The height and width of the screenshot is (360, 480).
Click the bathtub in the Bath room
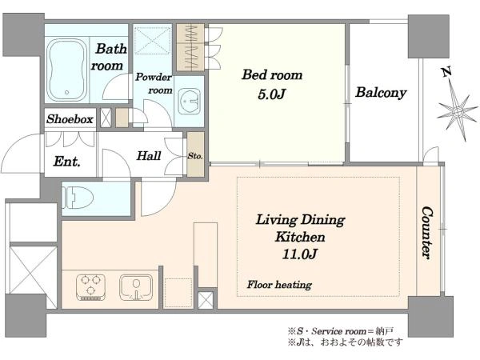[67, 70]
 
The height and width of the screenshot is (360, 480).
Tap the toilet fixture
[78, 198]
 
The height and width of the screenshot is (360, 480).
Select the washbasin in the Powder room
[189, 101]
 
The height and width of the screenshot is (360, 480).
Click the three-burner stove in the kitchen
[90, 287]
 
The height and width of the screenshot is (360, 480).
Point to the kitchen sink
[136, 287]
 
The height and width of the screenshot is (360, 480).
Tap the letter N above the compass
[447, 72]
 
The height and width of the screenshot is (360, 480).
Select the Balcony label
[381, 93]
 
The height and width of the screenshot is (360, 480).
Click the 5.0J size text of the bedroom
[271, 94]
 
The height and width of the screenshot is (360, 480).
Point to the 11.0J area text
[299, 254]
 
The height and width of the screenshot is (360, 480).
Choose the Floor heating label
[279, 285]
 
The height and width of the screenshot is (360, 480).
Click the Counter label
[427, 233]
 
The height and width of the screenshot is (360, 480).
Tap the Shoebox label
[70, 119]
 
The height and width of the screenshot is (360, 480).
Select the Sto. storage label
[195, 156]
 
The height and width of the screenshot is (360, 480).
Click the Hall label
[149, 156]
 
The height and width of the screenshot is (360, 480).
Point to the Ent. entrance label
[67, 162]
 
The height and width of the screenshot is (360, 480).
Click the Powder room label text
[154, 83]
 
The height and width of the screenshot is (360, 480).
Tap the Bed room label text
[272, 75]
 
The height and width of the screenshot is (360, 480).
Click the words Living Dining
[301, 220]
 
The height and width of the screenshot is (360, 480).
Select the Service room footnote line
[341, 331]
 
